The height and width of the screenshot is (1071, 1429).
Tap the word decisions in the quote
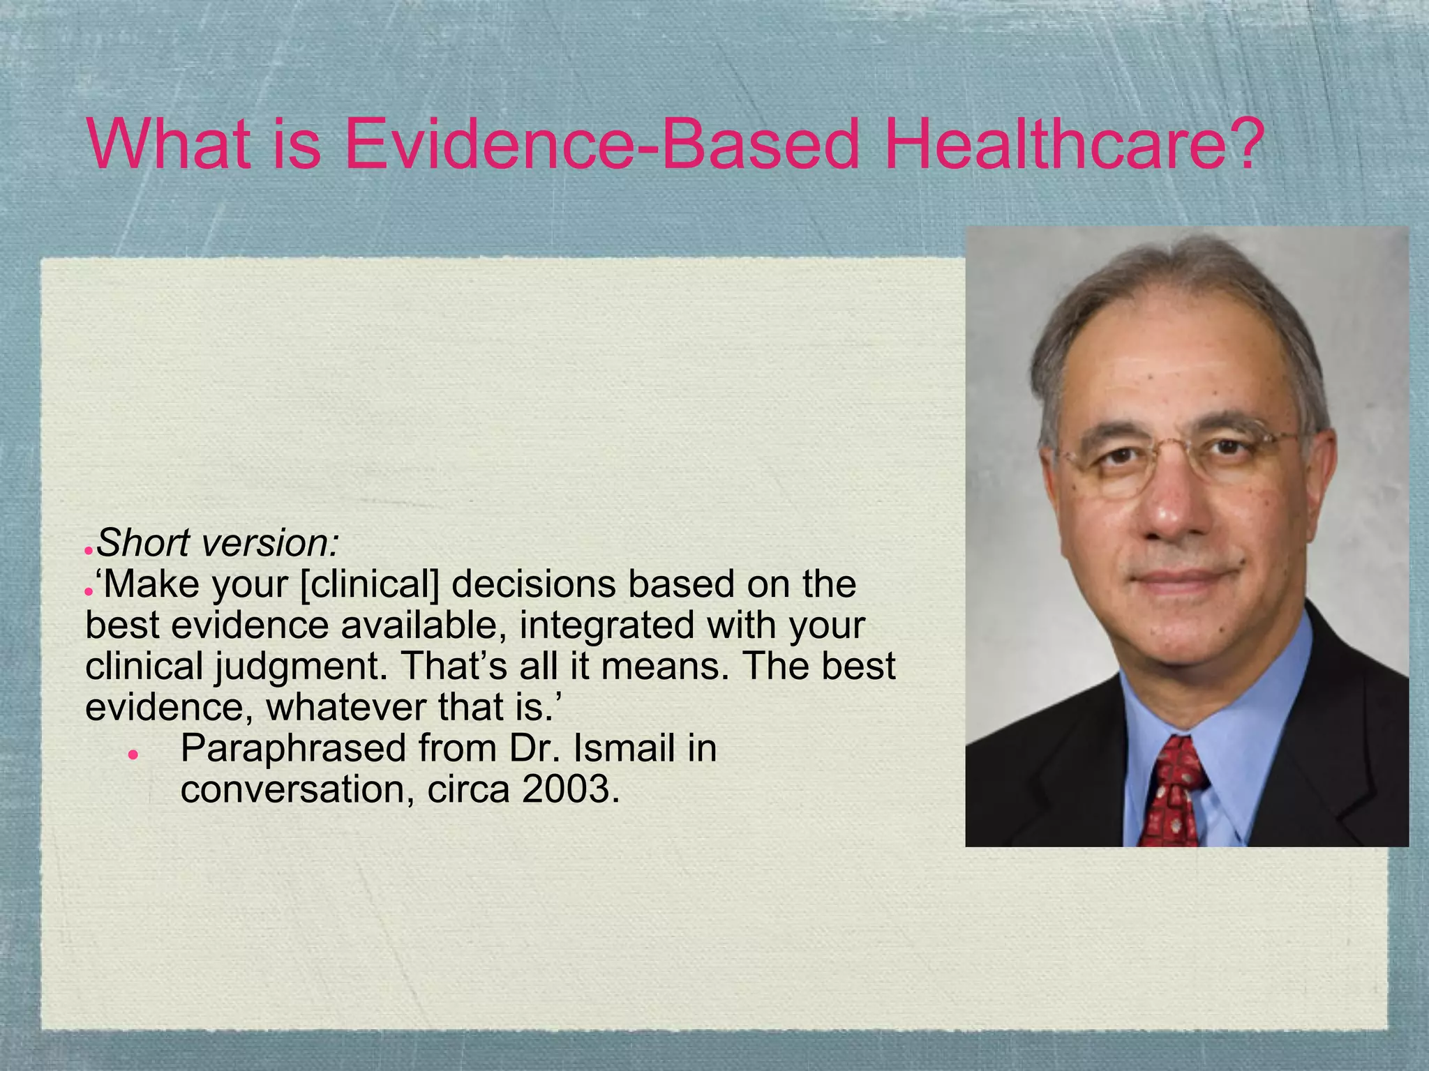(x=534, y=584)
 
